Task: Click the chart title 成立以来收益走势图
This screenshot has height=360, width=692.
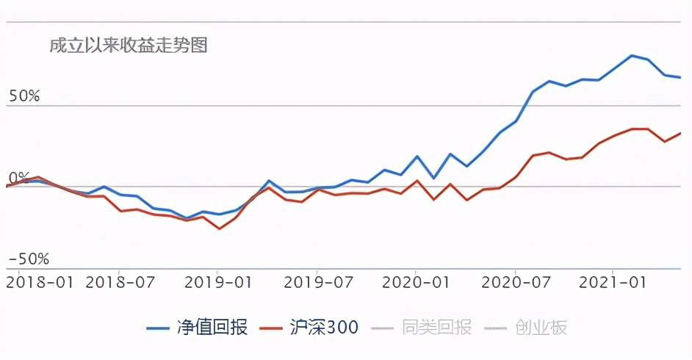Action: pos(128,46)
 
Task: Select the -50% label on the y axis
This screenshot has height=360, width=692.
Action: pos(28,259)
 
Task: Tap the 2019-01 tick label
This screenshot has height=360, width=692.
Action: pos(218,282)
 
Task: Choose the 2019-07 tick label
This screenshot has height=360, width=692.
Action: pos(317,282)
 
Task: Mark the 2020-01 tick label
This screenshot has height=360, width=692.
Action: pos(417,282)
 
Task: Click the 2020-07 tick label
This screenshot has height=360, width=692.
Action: pos(516,282)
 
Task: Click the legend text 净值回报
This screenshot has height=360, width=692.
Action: pos(213,328)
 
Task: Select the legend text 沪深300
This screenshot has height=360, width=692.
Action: pos(324,328)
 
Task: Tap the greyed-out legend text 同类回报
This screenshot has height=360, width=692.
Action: pos(437,328)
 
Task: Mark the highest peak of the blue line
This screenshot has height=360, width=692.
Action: pos(632,55)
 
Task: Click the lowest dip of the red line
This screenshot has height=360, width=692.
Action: pos(219,228)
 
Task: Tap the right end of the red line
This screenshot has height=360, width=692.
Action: pos(681,133)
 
